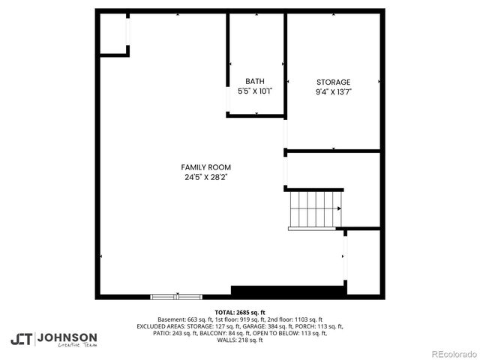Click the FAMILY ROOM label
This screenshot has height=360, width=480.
pos(205,167)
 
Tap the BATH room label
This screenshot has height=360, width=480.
pos(254,81)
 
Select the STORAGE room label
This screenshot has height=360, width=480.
pos(333,82)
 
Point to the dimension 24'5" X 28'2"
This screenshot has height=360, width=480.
pos(205,178)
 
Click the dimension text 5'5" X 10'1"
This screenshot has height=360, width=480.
pos(254,91)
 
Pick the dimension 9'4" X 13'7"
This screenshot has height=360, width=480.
pos(333,91)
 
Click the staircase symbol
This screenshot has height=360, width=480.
pos(316,208)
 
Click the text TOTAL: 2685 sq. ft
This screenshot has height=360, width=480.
pos(240,312)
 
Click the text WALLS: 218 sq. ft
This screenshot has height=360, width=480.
pos(240,340)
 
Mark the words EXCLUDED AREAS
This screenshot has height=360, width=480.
pos(159,326)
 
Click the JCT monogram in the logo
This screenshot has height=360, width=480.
pos(22,338)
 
